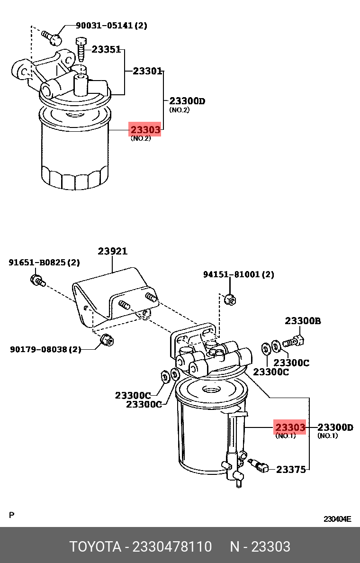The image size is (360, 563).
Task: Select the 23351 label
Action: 106,49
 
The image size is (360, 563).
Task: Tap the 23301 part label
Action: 147,72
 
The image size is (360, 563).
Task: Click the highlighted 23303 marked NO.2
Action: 145,129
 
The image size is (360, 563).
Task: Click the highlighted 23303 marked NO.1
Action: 290,427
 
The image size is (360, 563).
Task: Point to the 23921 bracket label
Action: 113,252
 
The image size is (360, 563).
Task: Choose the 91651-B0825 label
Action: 44,263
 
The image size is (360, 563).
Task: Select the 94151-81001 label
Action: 239,274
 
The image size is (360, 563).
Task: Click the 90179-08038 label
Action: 45,350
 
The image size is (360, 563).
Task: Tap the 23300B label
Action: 303,321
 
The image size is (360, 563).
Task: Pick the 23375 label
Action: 291,469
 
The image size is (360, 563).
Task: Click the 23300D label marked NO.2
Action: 187,100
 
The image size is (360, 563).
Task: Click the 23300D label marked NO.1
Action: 335,427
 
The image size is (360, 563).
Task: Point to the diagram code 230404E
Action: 337,519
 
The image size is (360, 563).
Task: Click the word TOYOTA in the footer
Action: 95,547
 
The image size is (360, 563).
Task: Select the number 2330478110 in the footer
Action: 172,547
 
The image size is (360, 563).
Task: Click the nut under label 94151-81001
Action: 230,299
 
